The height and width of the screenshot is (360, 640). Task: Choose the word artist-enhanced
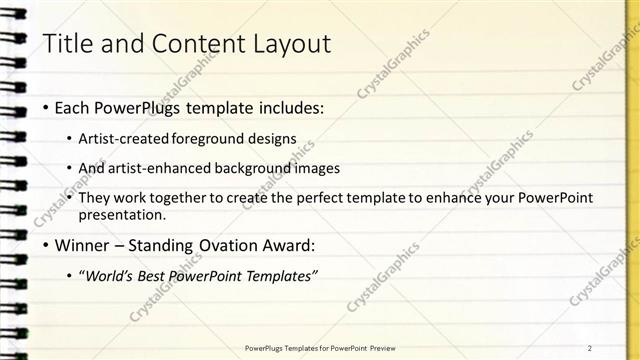tap(162, 168)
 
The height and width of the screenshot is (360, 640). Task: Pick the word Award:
tap(290, 245)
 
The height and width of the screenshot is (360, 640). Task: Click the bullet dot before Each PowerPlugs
tap(45, 108)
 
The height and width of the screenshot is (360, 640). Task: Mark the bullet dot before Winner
tap(45, 246)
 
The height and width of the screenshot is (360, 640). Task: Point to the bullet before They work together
tap(69, 199)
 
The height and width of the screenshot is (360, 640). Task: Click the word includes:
tap(292, 107)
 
